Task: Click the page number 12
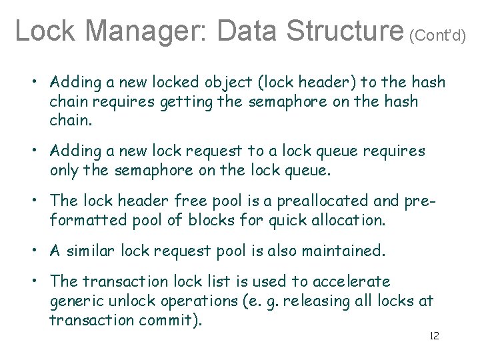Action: pos(434,335)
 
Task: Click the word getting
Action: pos(198,102)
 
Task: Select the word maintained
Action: pos(343,251)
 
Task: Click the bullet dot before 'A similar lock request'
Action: pos(32,251)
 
